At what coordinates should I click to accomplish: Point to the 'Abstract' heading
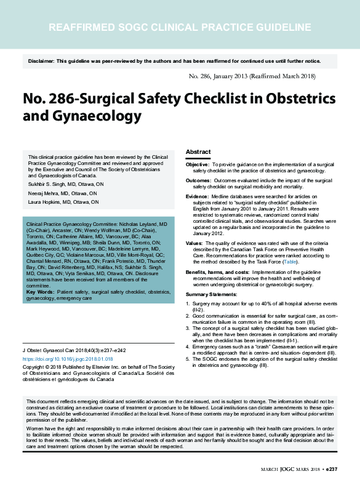click(x=198, y=152)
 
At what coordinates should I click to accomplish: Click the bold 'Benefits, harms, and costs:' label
click(x=217, y=271)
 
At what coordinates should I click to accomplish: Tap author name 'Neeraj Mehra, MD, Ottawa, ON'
click(x=62, y=193)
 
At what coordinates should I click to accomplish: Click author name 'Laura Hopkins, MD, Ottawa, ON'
click(x=63, y=201)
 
